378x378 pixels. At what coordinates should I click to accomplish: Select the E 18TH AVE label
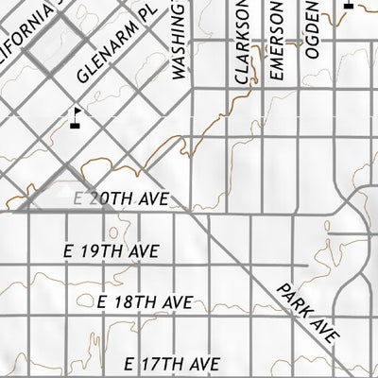pyautogui.click(x=146, y=302)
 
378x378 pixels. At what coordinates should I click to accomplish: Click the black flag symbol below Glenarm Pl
pyautogui.click(x=76, y=116)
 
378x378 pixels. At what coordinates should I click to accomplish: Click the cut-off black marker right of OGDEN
pyautogui.click(x=348, y=4)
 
